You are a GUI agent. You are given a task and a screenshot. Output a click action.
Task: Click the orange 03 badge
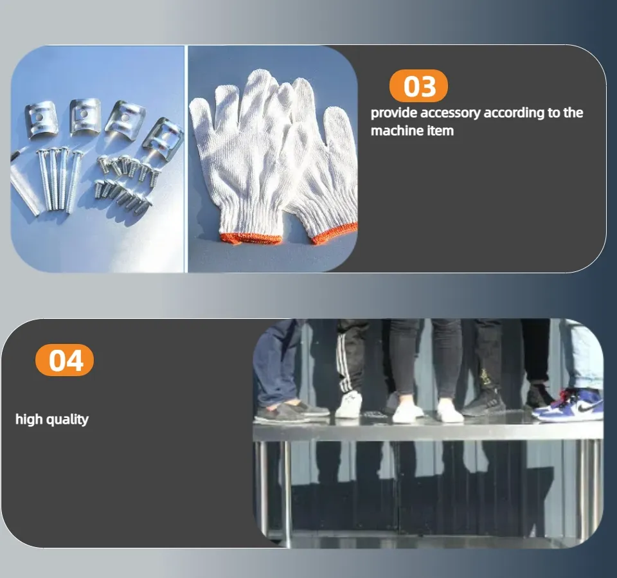pyautogui.click(x=418, y=86)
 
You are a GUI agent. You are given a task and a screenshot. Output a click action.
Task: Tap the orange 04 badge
pyautogui.click(x=64, y=360)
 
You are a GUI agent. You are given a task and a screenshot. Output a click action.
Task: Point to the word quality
pyautogui.click(x=67, y=420)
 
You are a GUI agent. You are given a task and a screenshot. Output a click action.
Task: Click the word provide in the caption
pyautogui.click(x=394, y=113)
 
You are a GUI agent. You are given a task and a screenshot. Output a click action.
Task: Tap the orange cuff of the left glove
pyautogui.click(x=250, y=238)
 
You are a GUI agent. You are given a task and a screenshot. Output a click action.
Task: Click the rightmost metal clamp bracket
pyautogui.click(x=163, y=135)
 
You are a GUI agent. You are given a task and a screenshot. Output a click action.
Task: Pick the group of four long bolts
pyautogui.click(x=59, y=179)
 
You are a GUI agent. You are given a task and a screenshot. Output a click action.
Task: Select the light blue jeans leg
pyautogui.click(x=585, y=355)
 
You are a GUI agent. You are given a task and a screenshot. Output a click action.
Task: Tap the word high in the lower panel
pyautogui.click(x=29, y=419)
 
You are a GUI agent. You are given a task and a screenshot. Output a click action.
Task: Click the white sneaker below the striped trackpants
pyautogui.click(x=349, y=405)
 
